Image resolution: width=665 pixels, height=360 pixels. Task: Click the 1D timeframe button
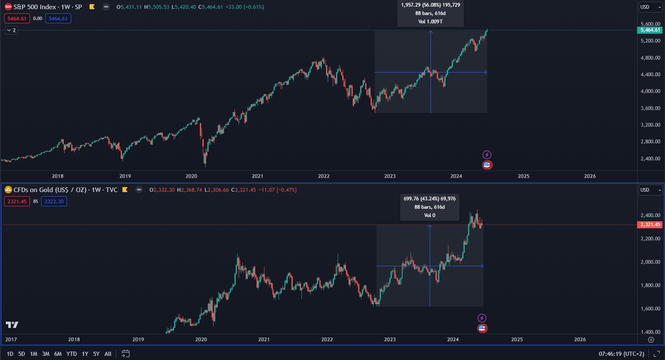(x=10, y=354)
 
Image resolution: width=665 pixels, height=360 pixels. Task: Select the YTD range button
(x=72, y=354)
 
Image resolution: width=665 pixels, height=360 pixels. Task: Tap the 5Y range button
(x=96, y=354)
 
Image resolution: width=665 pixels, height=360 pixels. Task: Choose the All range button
(x=108, y=354)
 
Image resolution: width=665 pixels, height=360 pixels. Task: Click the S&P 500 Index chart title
(x=47, y=7)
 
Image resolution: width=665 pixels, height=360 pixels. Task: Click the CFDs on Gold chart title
(x=65, y=190)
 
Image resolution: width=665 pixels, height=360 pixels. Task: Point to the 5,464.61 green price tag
(x=650, y=30)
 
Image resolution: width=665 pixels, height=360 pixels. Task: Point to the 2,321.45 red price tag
(x=650, y=225)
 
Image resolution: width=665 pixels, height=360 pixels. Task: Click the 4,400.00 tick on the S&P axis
(x=650, y=75)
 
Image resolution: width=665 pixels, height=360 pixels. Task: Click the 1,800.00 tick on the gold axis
(x=650, y=285)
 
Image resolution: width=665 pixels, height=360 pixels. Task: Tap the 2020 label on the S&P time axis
(x=191, y=176)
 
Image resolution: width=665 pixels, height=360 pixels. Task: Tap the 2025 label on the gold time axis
(x=517, y=340)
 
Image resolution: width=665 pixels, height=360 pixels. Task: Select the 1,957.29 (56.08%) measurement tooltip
(x=430, y=13)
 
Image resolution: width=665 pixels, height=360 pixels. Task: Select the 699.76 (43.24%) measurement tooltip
(x=429, y=207)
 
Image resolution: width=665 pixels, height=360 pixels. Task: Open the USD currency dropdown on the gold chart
(x=650, y=190)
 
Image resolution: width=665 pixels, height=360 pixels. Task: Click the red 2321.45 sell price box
(x=17, y=202)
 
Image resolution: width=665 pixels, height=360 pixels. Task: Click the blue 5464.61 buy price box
(x=58, y=19)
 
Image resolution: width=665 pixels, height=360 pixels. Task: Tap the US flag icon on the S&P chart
(x=487, y=165)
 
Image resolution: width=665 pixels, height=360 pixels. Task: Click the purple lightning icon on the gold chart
(x=482, y=318)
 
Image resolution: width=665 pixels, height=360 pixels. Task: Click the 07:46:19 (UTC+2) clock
(x=621, y=354)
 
